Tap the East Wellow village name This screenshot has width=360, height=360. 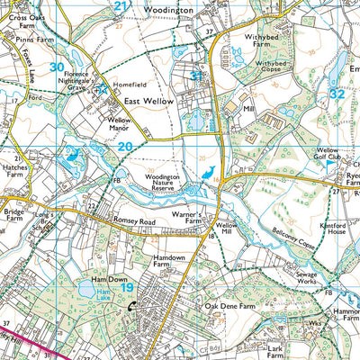tap(148, 103)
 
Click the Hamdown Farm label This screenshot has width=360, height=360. tap(168, 262)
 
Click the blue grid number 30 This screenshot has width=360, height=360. tap(57, 67)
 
